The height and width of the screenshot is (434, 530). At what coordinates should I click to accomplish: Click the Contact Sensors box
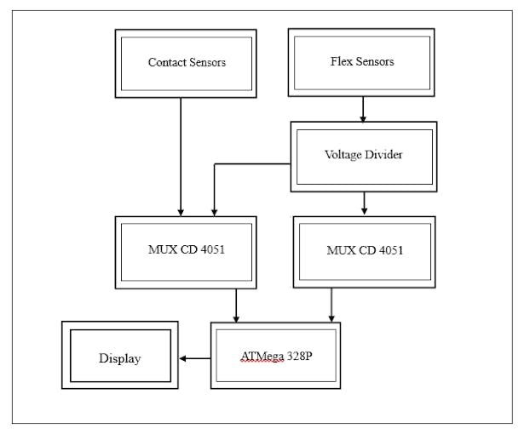pos(186,63)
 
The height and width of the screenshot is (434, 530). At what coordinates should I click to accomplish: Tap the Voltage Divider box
pos(364,156)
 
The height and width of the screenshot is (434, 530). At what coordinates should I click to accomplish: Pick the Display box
pos(119,355)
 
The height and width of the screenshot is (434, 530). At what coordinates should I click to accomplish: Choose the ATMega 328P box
pos(275,355)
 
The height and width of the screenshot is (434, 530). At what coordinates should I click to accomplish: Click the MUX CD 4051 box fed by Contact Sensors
pos(186,252)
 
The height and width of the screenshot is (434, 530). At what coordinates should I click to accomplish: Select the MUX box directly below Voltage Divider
pos(364,251)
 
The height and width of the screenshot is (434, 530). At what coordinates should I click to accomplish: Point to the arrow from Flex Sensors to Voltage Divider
pos(363,109)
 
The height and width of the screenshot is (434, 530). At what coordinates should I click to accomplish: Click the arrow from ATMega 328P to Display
pos(195,358)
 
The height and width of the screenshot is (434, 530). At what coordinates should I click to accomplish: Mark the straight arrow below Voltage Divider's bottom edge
pos(365,203)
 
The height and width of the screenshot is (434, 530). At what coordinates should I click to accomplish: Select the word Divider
pos(385,155)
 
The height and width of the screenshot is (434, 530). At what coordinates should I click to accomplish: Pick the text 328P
pos(298,355)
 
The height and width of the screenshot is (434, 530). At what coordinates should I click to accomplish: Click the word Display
pos(119,358)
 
